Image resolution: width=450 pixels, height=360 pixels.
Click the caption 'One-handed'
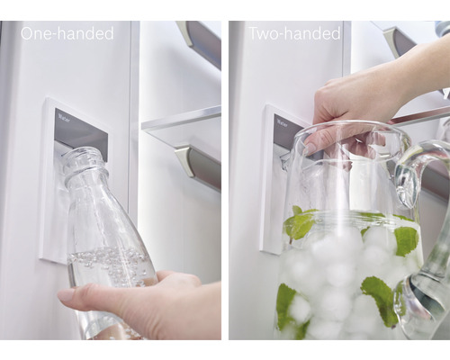(67, 33)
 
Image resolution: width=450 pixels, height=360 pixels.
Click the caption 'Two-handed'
(294, 33)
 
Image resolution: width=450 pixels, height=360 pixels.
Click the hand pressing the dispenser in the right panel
(355, 99)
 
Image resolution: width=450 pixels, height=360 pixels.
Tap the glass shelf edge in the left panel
(180, 117)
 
